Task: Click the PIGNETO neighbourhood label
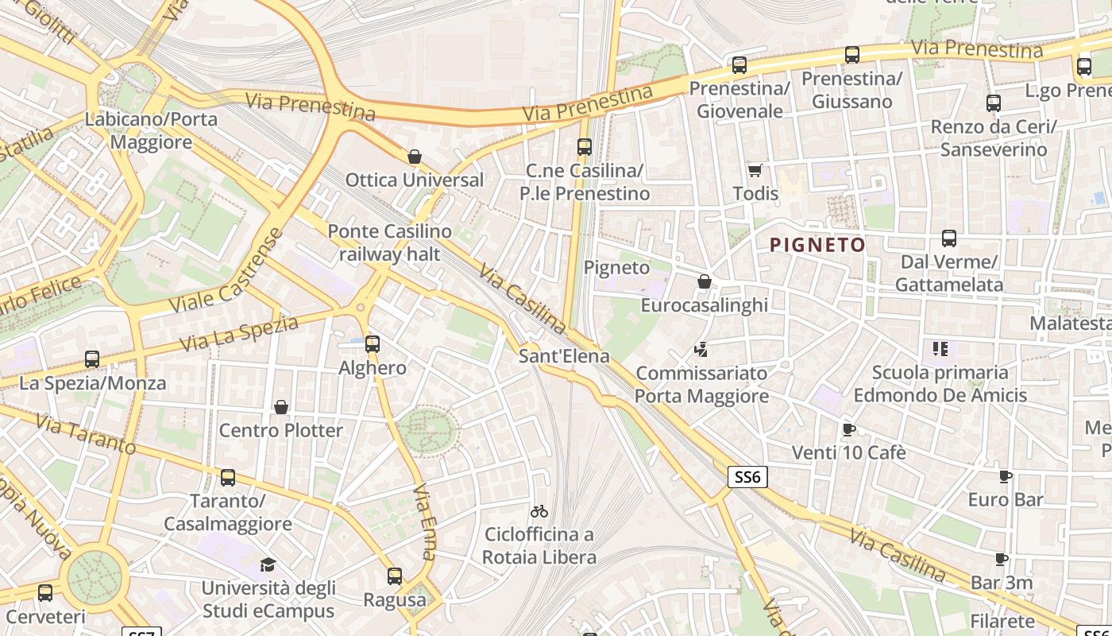(817, 245)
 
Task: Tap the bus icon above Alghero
(373, 344)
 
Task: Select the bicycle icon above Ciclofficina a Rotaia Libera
(539, 510)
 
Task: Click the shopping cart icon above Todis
(755, 170)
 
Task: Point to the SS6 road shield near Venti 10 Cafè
(747, 477)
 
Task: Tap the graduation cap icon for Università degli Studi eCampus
(268, 565)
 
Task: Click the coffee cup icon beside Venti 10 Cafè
(848, 429)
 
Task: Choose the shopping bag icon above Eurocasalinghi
(704, 281)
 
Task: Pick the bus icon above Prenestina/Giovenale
(739, 65)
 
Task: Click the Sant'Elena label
(564, 356)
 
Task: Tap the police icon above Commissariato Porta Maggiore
(701, 349)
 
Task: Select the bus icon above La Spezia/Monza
(92, 359)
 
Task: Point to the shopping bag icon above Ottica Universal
(414, 156)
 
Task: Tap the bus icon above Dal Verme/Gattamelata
(948, 238)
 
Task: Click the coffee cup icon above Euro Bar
(1005, 476)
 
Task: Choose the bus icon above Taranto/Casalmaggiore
(228, 478)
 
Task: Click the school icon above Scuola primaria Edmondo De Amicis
(940, 348)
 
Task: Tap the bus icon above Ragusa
(395, 576)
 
